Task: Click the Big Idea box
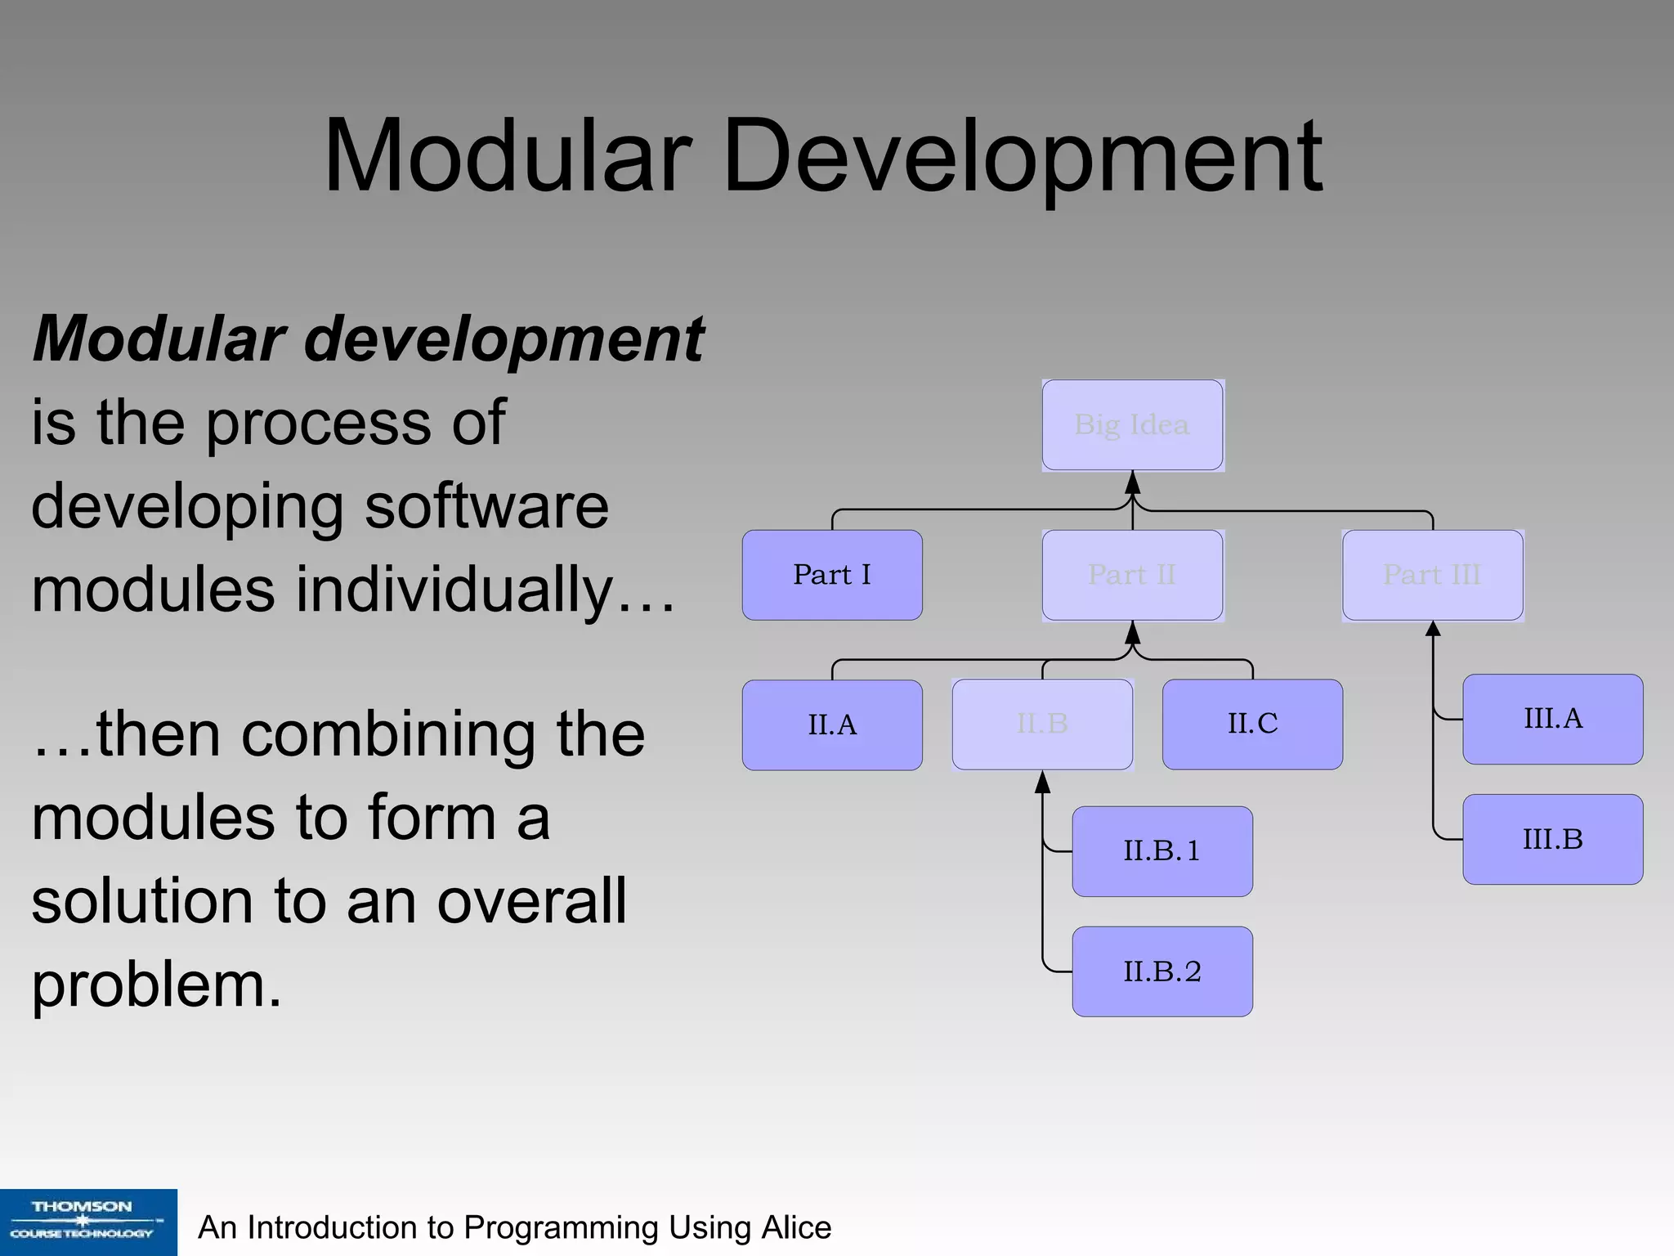click(x=1132, y=424)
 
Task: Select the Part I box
click(x=832, y=575)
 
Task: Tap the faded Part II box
click(x=1132, y=575)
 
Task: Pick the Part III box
click(x=1432, y=575)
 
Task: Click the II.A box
click(x=832, y=724)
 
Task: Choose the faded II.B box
click(x=1042, y=724)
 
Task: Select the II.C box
click(x=1252, y=724)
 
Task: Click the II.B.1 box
click(x=1162, y=851)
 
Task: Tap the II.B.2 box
click(x=1162, y=971)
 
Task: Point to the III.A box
click(x=1552, y=719)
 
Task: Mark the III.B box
click(x=1552, y=839)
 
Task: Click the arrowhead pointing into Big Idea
click(x=1132, y=482)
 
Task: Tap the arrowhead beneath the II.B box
click(x=1042, y=783)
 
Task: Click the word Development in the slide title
click(x=1022, y=157)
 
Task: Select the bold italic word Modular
click(x=159, y=339)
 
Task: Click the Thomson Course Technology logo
click(x=88, y=1222)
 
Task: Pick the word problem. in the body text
click(x=156, y=985)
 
